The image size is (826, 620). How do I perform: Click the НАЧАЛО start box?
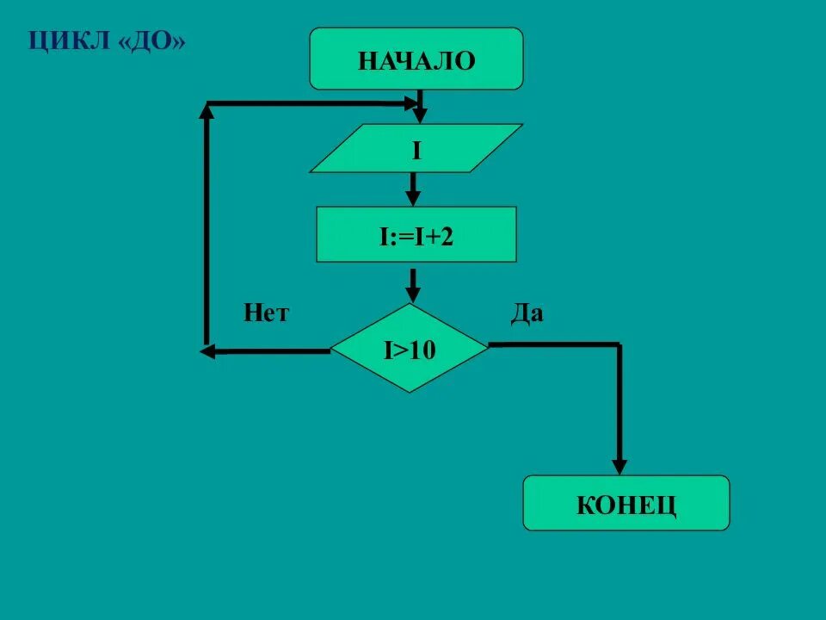416,59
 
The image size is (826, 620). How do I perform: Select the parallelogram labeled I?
416,148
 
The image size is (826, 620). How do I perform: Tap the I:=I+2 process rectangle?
416,234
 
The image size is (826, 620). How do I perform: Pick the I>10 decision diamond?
410,348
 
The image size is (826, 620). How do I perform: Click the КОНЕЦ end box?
626,503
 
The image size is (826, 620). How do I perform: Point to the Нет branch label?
266,313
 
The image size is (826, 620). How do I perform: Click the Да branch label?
527,313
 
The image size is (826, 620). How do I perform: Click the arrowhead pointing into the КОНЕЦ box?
619,466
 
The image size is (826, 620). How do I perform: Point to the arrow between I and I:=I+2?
413,186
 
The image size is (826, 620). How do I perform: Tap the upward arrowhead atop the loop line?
207,110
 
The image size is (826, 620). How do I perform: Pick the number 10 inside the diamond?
424,349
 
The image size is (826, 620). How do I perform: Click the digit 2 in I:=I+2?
447,235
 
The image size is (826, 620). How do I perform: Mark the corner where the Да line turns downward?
618,345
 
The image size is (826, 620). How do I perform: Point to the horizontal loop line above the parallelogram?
310,103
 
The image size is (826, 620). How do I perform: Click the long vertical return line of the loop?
206,224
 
